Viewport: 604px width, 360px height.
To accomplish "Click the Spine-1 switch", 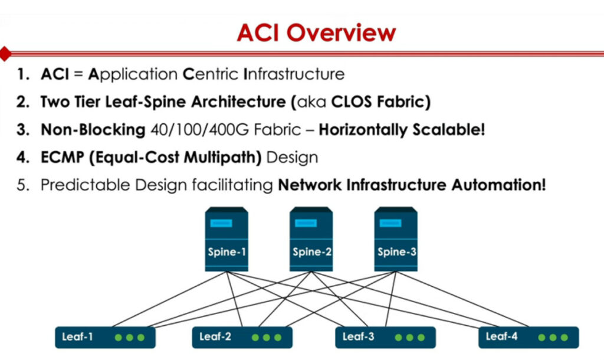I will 226,239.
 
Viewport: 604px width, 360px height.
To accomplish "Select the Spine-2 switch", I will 311,239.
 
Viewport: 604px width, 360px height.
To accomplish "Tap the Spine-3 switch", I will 396,239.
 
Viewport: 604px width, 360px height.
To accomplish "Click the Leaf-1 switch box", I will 105,337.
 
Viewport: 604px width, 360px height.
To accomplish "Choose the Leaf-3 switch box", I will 385,337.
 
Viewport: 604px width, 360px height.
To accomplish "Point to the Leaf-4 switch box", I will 528,337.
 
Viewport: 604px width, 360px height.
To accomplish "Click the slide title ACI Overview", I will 316,32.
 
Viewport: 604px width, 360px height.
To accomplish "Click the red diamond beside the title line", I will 5,54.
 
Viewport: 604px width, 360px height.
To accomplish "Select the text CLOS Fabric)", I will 381,102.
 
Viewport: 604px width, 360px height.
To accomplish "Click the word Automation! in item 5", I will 499,185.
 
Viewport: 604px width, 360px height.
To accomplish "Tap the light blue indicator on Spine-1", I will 221,224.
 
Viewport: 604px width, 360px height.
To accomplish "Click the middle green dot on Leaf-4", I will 554,338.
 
